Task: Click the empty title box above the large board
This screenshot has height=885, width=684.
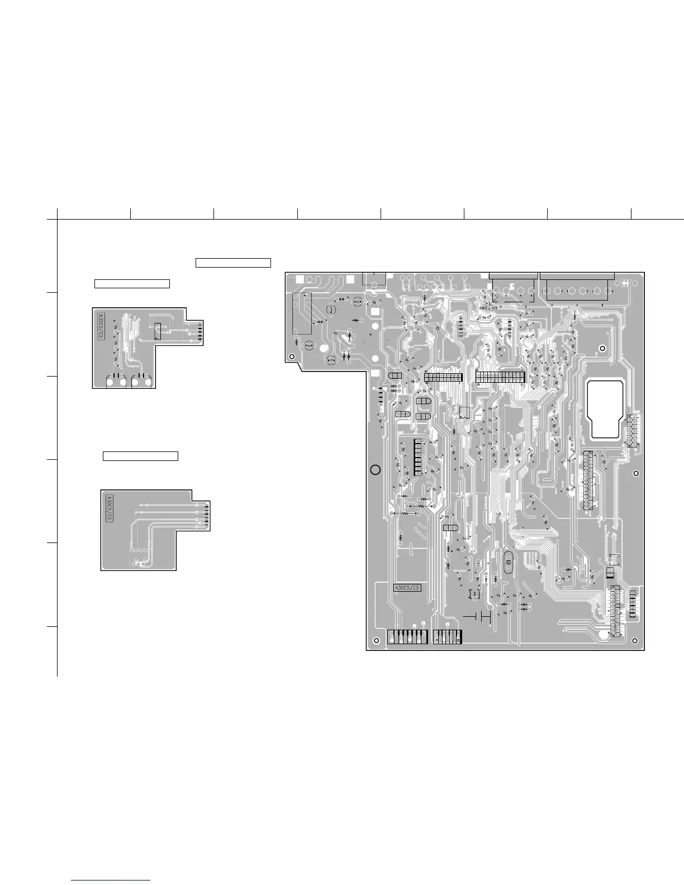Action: pyautogui.click(x=233, y=263)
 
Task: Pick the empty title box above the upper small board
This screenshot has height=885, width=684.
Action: pyautogui.click(x=132, y=283)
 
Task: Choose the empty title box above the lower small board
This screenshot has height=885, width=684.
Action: pyautogui.click(x=140, y=456)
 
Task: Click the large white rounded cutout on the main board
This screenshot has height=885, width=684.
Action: pyautogui.click(x=606, y=409)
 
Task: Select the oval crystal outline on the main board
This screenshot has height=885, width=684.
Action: pyautogui.click(x=508, y=562)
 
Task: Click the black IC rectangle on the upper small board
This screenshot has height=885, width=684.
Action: pyautogui.click(x=158, y=331)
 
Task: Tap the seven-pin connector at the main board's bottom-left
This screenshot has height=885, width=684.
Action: pyautogui.click(x=407, y=636)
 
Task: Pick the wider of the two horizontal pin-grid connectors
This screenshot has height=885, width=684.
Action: pyautogui.click(x=500, y=377)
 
